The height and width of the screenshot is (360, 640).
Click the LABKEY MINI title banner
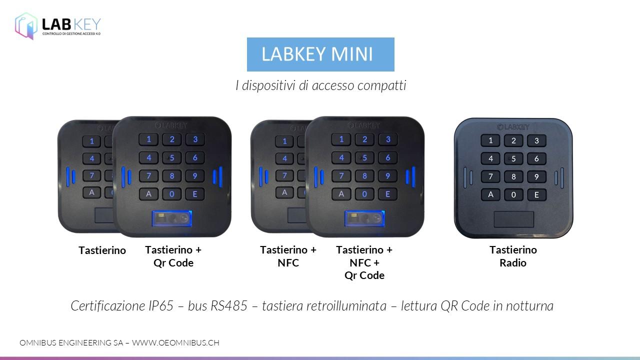(320, 54)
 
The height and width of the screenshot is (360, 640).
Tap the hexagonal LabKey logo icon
(26, 25)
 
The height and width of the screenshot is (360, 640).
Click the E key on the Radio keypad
(536, 195)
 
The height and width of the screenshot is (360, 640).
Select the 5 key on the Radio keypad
(513, 158)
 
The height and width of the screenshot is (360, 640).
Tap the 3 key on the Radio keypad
(536, 140)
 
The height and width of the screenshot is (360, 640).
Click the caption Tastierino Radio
(513, 256)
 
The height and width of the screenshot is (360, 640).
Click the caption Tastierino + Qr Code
(173, 256)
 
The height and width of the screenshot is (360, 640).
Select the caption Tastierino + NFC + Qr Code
(364, 262)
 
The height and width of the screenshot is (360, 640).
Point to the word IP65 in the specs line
(161, 306)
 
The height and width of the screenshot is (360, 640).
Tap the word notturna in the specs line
(529, 306)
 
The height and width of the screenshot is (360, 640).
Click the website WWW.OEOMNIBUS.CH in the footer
(175, 342)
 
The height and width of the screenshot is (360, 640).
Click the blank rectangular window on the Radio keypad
(513, 219)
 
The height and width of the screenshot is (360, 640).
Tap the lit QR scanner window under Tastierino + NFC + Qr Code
(364, 218)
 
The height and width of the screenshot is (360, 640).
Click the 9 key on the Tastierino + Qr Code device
(195, 175)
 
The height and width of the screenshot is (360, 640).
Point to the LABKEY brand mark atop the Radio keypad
(513, 127)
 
